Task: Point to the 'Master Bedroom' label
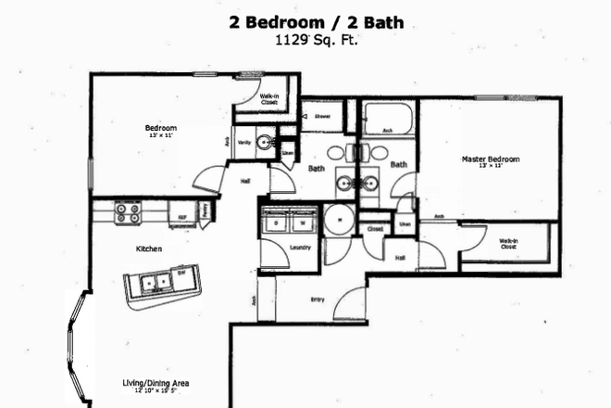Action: [x=490, y=159]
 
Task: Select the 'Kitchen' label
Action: [x=149, y=249]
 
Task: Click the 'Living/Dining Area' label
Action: [x=156, y=382]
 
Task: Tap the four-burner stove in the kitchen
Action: [x=128, y=214]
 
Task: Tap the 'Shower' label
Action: [x=323, y=117]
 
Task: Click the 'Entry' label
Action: [x=318, y=299]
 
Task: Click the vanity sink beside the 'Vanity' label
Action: [x=265, y=143]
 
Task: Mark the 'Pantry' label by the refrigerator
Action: [x=205, y=211]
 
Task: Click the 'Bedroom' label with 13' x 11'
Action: [x=160, y=129]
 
